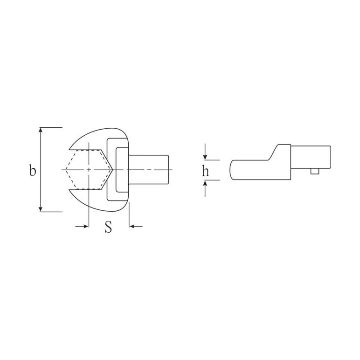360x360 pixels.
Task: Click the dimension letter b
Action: pos(33,170)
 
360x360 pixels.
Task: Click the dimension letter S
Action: pos(108,227)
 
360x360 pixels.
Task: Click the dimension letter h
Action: pos(205,170)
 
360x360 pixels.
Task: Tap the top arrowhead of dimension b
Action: pos(41,130)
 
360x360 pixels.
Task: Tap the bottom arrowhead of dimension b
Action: pos(41,209)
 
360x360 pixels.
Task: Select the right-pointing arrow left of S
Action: pos(82,226)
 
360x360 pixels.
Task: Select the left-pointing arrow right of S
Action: pos(136,226)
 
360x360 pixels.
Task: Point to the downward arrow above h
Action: pos(205,152)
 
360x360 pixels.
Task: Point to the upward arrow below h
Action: pos(205,188)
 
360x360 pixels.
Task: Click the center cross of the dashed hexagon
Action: pos(89,170)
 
